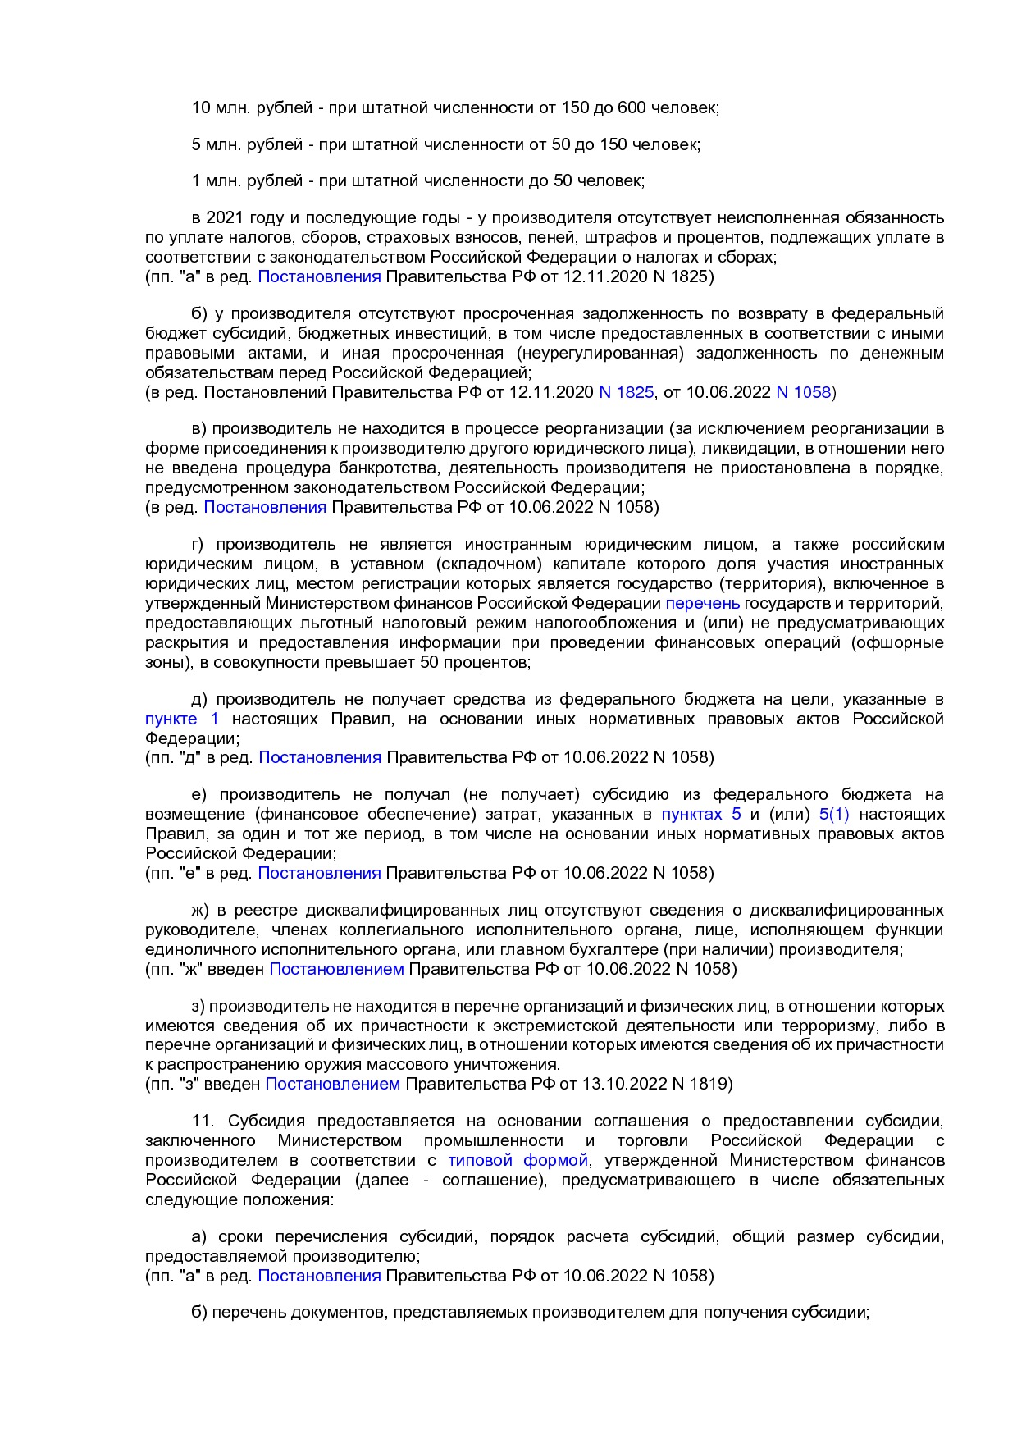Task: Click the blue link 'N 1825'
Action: pyautogui.click(x=627, y=392)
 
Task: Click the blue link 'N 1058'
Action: pyautogui.click(x=803, y=392)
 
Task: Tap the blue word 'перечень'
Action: pyautogui.click(x=702, y=603)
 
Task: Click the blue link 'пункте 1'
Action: pyautogui.click(x=182, y=719)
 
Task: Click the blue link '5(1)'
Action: pyautogui.click(x=834, y=814)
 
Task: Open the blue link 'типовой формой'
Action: pyautogui.click(x=518, y=1160)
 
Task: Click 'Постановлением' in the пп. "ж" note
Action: pyautogui.click(x=336, y=969)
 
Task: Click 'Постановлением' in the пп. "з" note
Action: pyautogui.click(x=332, y=1084)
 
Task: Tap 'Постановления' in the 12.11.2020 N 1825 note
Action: pyautogui.click(x=319, y=276)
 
